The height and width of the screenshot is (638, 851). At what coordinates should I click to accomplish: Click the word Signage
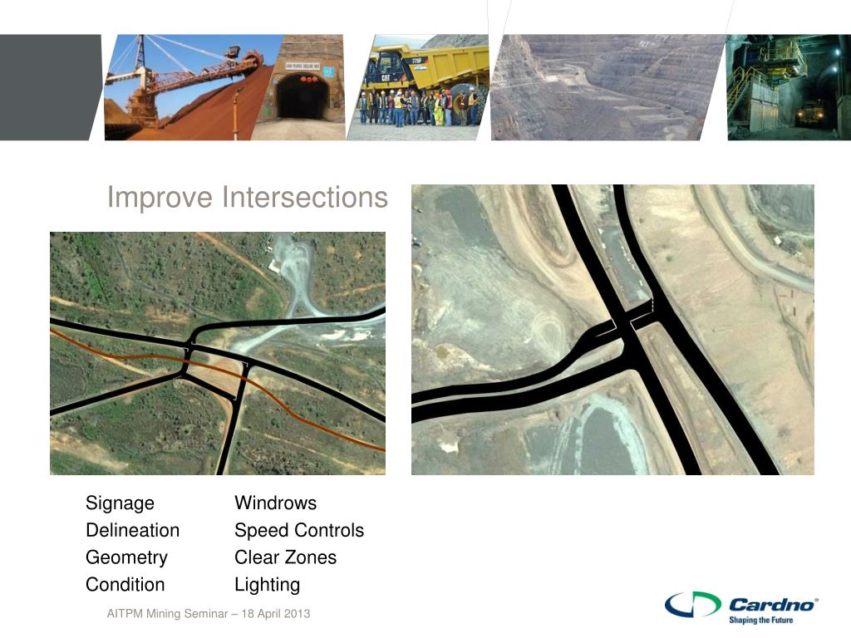pos(120,503)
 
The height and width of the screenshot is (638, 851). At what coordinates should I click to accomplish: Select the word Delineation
pos(132,531)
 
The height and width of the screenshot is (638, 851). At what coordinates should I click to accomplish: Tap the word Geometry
pos(126,557)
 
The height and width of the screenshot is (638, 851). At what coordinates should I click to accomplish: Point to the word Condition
pos(125,585)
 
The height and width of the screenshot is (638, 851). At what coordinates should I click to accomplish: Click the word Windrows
pos(275,503)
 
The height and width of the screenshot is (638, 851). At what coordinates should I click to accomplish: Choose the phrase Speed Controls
pos(299,531)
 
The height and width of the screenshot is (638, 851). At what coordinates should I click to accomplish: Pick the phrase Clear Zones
pos(285,557)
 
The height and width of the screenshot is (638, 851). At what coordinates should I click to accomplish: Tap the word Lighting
pos(267,585)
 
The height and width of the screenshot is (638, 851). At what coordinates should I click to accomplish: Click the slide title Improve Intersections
pos(247,198)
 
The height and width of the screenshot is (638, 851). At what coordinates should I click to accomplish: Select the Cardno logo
pos(741,604)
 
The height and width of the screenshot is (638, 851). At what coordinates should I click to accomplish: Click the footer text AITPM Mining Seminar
pos(208,614)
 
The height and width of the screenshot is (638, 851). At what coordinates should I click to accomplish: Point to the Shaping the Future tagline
pos(760,620)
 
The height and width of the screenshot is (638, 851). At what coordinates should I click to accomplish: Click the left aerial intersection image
pos(218,353)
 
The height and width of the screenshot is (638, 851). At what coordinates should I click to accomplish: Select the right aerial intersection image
pos(612,330)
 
